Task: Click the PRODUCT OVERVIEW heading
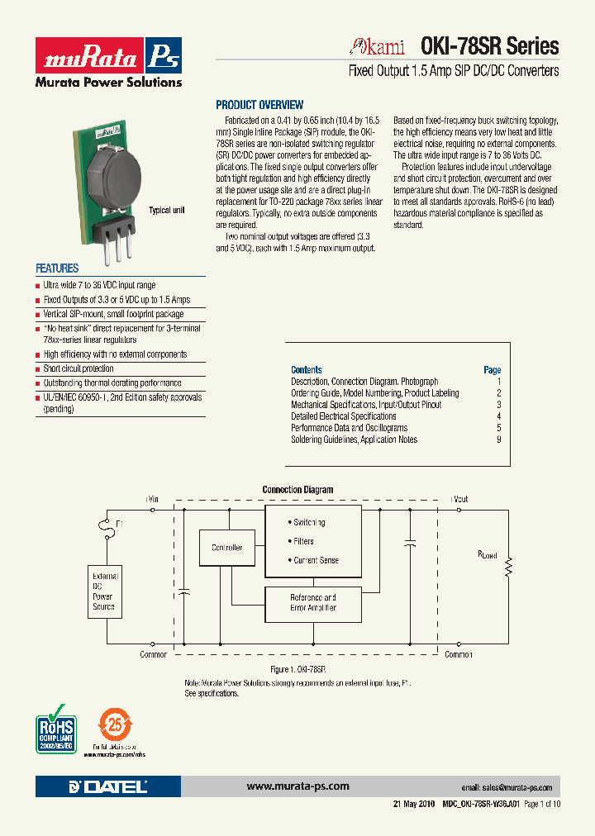click(x=259, y=106)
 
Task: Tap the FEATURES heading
click(x=57, y=268)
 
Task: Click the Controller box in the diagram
click(x=226, y=548)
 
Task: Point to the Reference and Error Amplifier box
click(x=312, y=602)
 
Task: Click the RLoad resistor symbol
click(x=509, y=568)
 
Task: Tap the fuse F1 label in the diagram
click(x=120, y=524)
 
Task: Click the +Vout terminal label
click(x=459, y=500)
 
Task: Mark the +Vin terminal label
click(x=153, y=500)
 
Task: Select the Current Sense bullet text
click(x=316, y=560)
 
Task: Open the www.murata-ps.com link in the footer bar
click(x=297, y=786)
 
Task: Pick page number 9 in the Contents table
click(x=498, y=439)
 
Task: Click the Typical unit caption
click(x=166, y=211)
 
